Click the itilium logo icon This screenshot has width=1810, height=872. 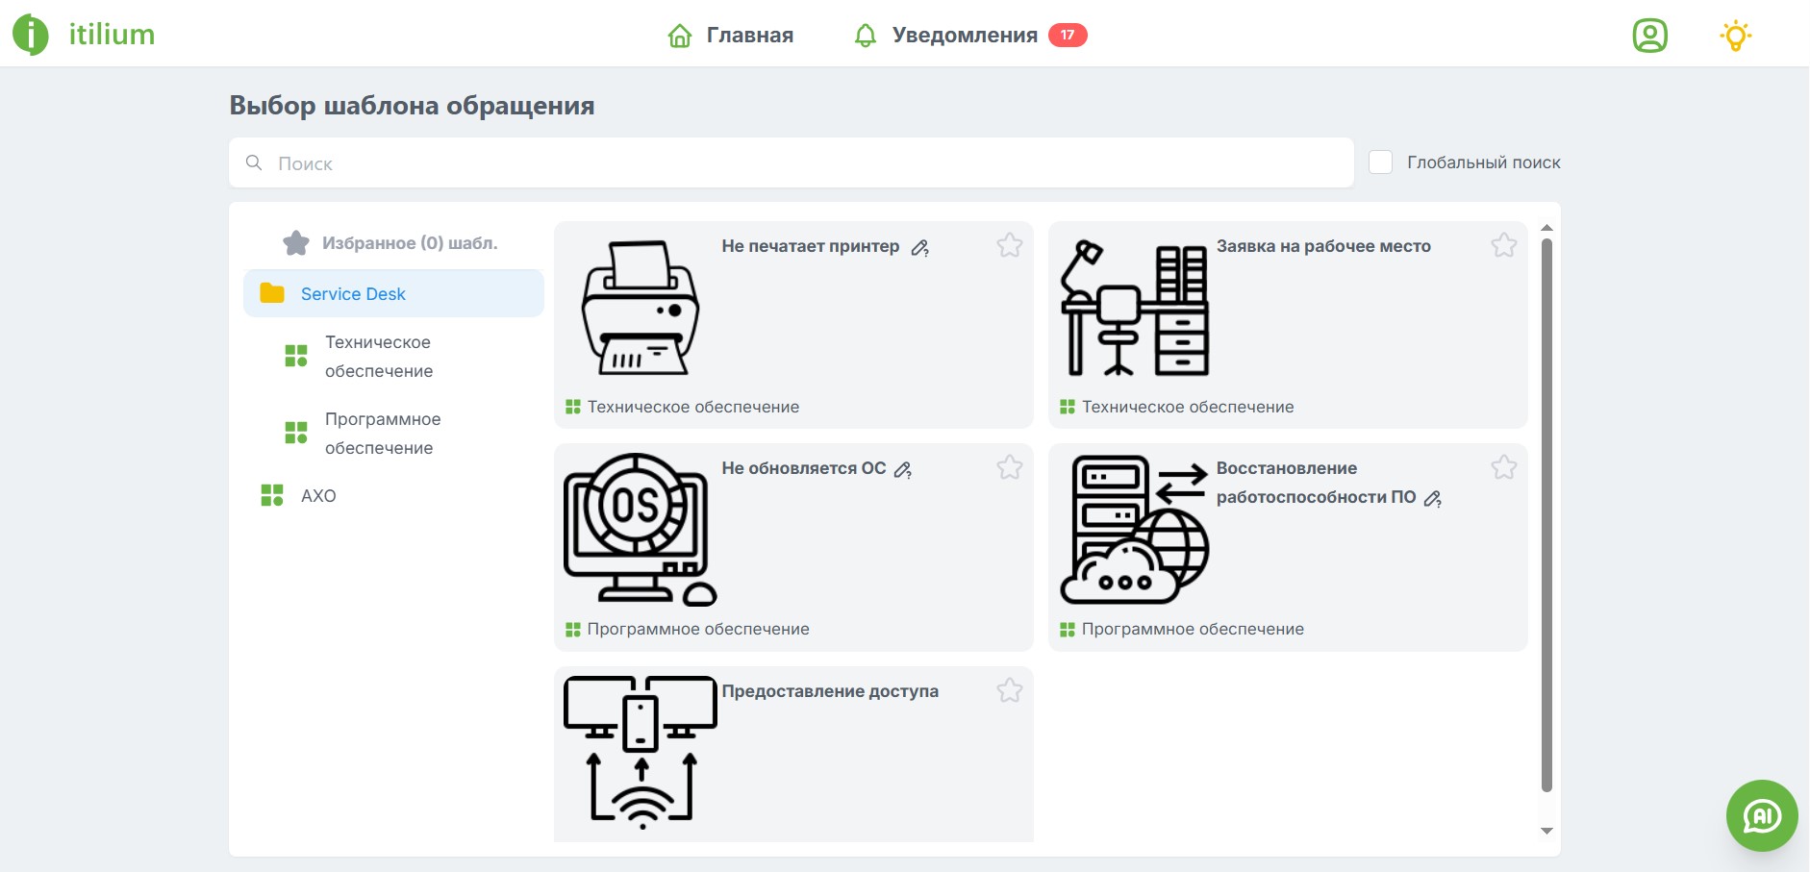pyautogui.click(x=30, y=35)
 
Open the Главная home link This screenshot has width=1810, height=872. pyautogui.click(x=731, y=36)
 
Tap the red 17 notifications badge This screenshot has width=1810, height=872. pyautogui.click(x=1068, y=36)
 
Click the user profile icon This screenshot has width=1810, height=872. pyautogui.click(x=1649, y=36)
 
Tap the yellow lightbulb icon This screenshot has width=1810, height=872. pyautogui.click(x=1735, y=36)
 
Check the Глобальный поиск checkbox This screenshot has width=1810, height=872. pyautogui.click(x=1380, y=162)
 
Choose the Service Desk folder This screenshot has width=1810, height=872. pyautogui.click(x=353, y=294)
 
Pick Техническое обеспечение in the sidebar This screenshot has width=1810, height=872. pyautogui.click(x=378, y=357)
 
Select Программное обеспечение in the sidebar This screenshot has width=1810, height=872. pyautogui.click(x=382, y=434)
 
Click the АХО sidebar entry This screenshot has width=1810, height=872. pyautogui.click(x=317, y=496)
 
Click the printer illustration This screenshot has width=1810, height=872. pyautogui.click(x=640, y=308)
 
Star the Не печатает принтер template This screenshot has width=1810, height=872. pyautogui.click(x=1009, y=246)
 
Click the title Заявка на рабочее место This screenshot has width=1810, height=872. pyautogui.click(x=1323, y=246)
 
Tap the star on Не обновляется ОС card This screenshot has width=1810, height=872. pyautogui.click(x=1009, y=468)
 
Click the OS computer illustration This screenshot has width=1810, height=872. pyautogui.click(x=640, y=529)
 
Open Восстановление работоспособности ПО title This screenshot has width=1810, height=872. pyautogui.click(x=1315, y=483)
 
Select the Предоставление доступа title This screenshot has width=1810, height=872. pyautogui.click(x=830, y=691)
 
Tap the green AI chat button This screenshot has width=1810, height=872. pyautogui.click(x=1761, y=815)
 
